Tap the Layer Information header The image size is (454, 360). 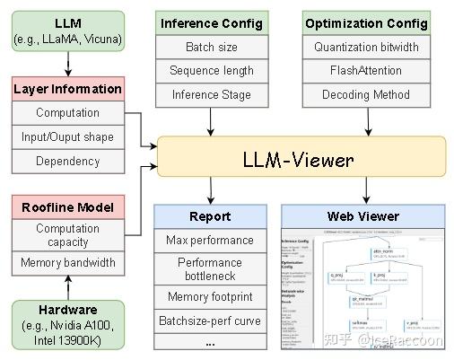[67, 89]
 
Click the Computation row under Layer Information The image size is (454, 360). [67, 113]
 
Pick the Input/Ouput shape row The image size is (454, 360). [67, 137]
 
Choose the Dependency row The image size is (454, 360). [67, 162]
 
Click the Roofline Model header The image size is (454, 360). [67, 206]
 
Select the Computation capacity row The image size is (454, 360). [67, 235]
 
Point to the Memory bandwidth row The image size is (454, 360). [67, 263]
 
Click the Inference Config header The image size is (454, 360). [211, 22]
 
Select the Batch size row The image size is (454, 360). [211, 47]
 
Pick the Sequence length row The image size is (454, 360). [211, 70]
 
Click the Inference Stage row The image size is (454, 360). [211, 94]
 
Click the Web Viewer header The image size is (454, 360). [362, 216]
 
